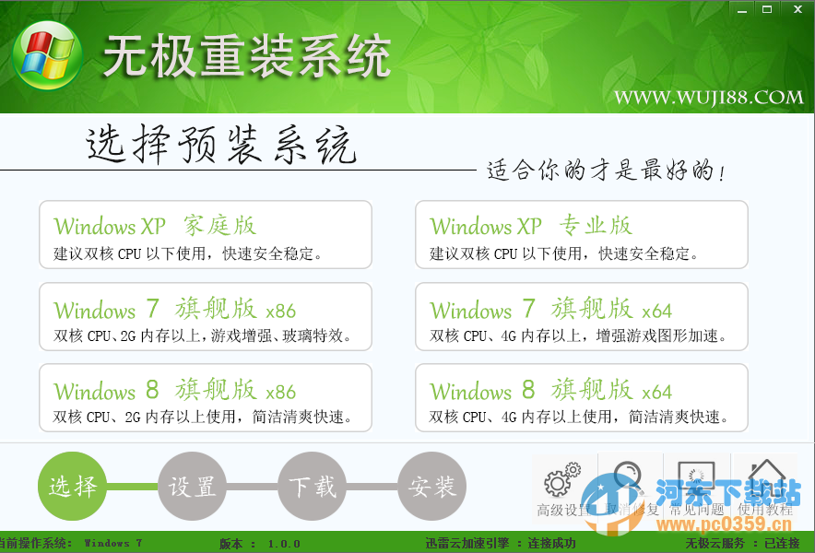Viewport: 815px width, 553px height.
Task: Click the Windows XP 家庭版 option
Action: (x=205, y=235)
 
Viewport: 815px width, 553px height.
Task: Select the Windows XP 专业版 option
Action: (x=581, y=235)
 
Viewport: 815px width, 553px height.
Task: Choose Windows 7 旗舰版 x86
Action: (x=205, y=318)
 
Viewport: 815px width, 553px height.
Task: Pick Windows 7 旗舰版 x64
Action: (x=581, y=318)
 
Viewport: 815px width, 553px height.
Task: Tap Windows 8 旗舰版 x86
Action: (x=205, y=398)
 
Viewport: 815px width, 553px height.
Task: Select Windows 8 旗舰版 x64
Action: (x=581, y=398)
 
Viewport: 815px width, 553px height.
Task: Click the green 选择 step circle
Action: (x=73, y=486)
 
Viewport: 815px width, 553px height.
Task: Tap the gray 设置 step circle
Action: (x=193, y=486)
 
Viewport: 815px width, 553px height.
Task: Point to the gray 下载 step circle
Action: (x=313, y=486)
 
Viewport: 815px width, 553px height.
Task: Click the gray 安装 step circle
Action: (x=432, y=486)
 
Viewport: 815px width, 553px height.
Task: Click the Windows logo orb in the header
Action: (x=47, y=59)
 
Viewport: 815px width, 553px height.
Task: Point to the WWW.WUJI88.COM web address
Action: (x=709, y=97)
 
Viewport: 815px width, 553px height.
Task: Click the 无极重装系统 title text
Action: (x=247, y=57)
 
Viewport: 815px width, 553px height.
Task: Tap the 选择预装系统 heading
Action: (x=221, y=146)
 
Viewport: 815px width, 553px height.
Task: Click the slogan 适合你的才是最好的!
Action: (x=606, y=171)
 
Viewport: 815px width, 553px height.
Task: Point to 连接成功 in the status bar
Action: (x=551, y=544)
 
